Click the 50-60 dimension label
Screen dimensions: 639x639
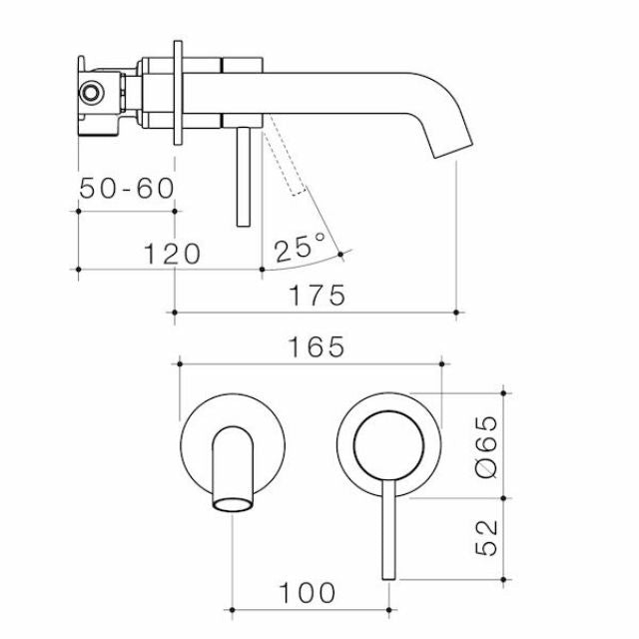[126, 188]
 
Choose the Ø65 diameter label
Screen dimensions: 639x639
[487, 446]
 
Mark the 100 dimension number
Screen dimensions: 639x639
[308, 592]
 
